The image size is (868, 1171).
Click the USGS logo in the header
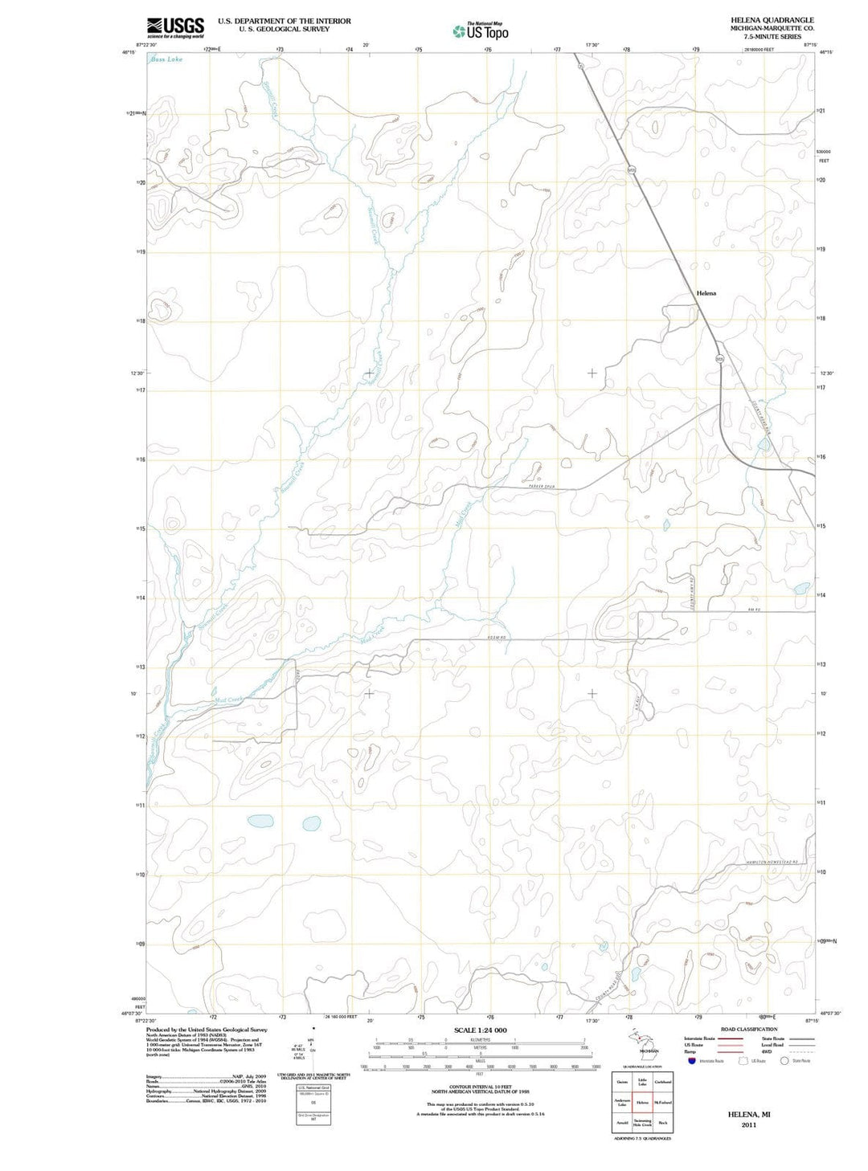(175, 27)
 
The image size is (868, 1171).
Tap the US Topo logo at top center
(481, 31)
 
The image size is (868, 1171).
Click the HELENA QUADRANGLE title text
(772, 20)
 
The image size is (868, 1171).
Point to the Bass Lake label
(166, 59)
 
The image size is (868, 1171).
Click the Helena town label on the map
(706, 294)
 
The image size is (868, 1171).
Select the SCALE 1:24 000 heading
(481, 1030)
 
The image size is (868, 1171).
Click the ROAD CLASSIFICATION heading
(749, 1029)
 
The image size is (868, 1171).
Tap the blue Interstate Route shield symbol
(691, 1061)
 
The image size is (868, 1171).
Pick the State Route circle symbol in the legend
(784, 1061)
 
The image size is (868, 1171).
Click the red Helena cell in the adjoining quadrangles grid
(642, 1103)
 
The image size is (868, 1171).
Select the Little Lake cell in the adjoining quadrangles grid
(642, 1083)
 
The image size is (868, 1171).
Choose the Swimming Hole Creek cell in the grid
(642, 1122)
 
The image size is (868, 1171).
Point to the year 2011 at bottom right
(749, 1125)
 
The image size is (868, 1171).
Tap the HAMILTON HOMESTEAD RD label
(772, 862)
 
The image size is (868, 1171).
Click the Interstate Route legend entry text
(699, 1038)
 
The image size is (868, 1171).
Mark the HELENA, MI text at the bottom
(749, 1115)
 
